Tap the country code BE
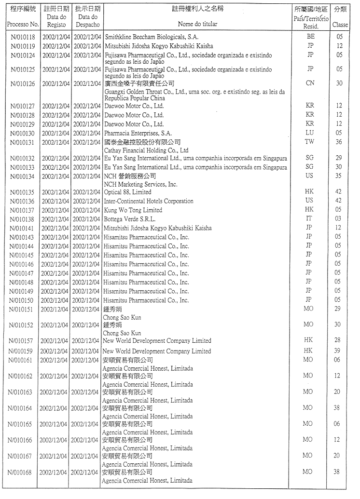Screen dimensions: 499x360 (x=310, y=36)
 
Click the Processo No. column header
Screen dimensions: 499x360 (x=23, y=24)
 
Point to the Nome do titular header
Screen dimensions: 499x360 (x=197, y=24)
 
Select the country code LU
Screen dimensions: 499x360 (x=310, y=133)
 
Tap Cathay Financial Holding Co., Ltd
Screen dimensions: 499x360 (x=146, y=150)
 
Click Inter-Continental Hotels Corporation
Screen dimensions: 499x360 (x=149, y=201)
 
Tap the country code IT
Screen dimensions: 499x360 (x=309, y=218)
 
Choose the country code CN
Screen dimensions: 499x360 (x=310, y=83)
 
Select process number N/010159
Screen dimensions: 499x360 (x=23, y=351)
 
